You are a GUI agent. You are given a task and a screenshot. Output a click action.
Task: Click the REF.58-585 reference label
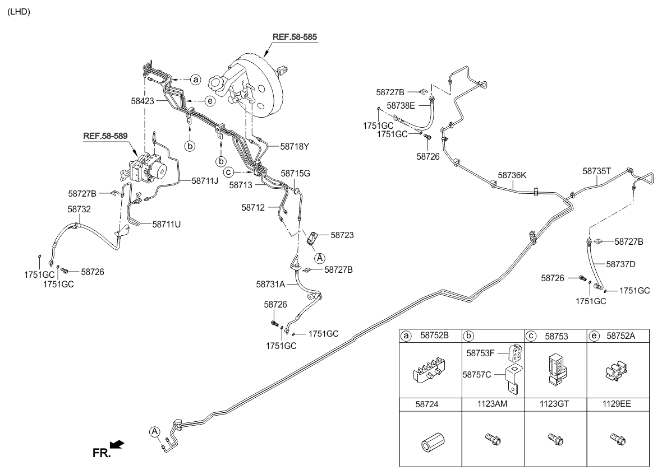pyautogui.click(x=295, y=37)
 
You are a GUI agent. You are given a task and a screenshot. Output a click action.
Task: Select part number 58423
pyautogui.click(x=143, y=101)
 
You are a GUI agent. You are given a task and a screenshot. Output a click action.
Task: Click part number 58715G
pyautogui.click(x=296, y=174)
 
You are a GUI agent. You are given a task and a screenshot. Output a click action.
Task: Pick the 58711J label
pyautogui.click(x=205, y=180)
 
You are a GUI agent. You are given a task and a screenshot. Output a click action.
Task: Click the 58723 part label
pyautogui.click(x=342, y=235)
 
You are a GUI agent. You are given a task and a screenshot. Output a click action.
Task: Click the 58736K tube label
pyautogui.click(x=512, y=175)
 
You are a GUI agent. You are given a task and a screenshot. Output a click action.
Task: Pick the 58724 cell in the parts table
pyautogui.click(x=430, y=403)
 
